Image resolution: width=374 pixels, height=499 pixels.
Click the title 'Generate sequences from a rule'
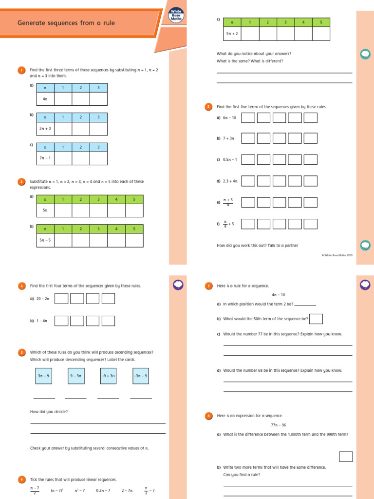coord(66,23)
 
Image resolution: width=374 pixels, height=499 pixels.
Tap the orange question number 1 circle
coord(21,70)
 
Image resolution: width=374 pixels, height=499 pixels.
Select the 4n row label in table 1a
coord(45,99)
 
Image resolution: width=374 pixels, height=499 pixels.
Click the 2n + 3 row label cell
coord(45,129)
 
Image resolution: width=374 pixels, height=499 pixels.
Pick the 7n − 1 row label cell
coord(45,158)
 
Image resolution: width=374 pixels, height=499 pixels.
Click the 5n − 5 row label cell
coord(45,240)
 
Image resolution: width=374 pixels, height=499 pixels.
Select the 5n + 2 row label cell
coord(232,34)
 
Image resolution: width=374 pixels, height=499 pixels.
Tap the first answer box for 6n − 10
coord(248,118)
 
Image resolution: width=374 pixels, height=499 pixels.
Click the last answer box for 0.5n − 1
coord(310,159)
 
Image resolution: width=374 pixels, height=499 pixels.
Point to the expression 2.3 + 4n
coord(230,181)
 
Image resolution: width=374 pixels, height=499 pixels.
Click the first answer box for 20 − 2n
coord(61,299)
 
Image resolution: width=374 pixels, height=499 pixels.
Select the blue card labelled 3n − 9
coord(44,376)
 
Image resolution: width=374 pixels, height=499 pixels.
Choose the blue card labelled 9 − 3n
coord(75,376)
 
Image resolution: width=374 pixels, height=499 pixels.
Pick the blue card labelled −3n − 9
coord(141,376)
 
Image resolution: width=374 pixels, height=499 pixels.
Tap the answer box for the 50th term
coord(316,319)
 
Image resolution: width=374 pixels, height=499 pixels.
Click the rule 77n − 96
coord(278,425)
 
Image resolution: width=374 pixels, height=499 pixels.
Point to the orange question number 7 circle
coord(208,286)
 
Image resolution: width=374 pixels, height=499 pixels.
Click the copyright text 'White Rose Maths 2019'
coord(337,255)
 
